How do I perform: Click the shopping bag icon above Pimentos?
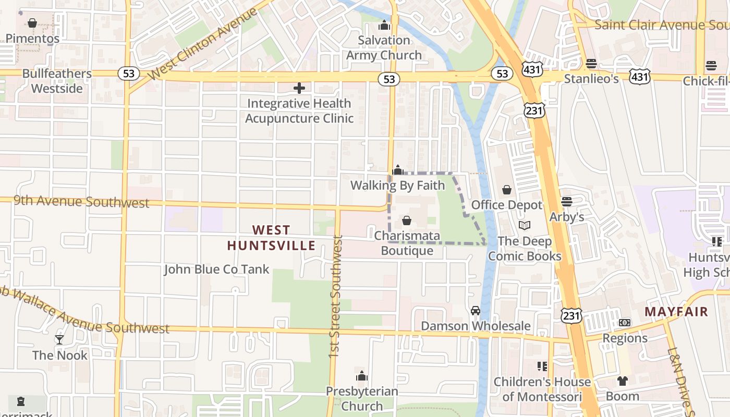32,23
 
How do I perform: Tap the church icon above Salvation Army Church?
384,25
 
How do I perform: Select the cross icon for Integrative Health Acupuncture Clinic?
299,88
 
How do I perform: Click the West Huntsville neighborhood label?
271,238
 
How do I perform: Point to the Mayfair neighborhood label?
676,312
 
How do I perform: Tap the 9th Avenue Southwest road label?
81,202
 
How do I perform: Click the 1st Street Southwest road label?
335,296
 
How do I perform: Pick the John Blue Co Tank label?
216,269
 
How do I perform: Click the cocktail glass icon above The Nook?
59,340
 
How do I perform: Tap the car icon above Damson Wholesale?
475,311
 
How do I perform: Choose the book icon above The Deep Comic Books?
525,226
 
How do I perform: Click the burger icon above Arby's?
567,202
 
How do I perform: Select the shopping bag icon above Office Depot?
506,190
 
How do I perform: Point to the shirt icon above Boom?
622,381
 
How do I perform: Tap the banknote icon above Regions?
624,323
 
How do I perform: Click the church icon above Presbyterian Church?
362,376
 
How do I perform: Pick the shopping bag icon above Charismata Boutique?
407,220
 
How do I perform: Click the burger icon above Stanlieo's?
591,64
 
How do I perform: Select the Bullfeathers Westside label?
57,81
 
